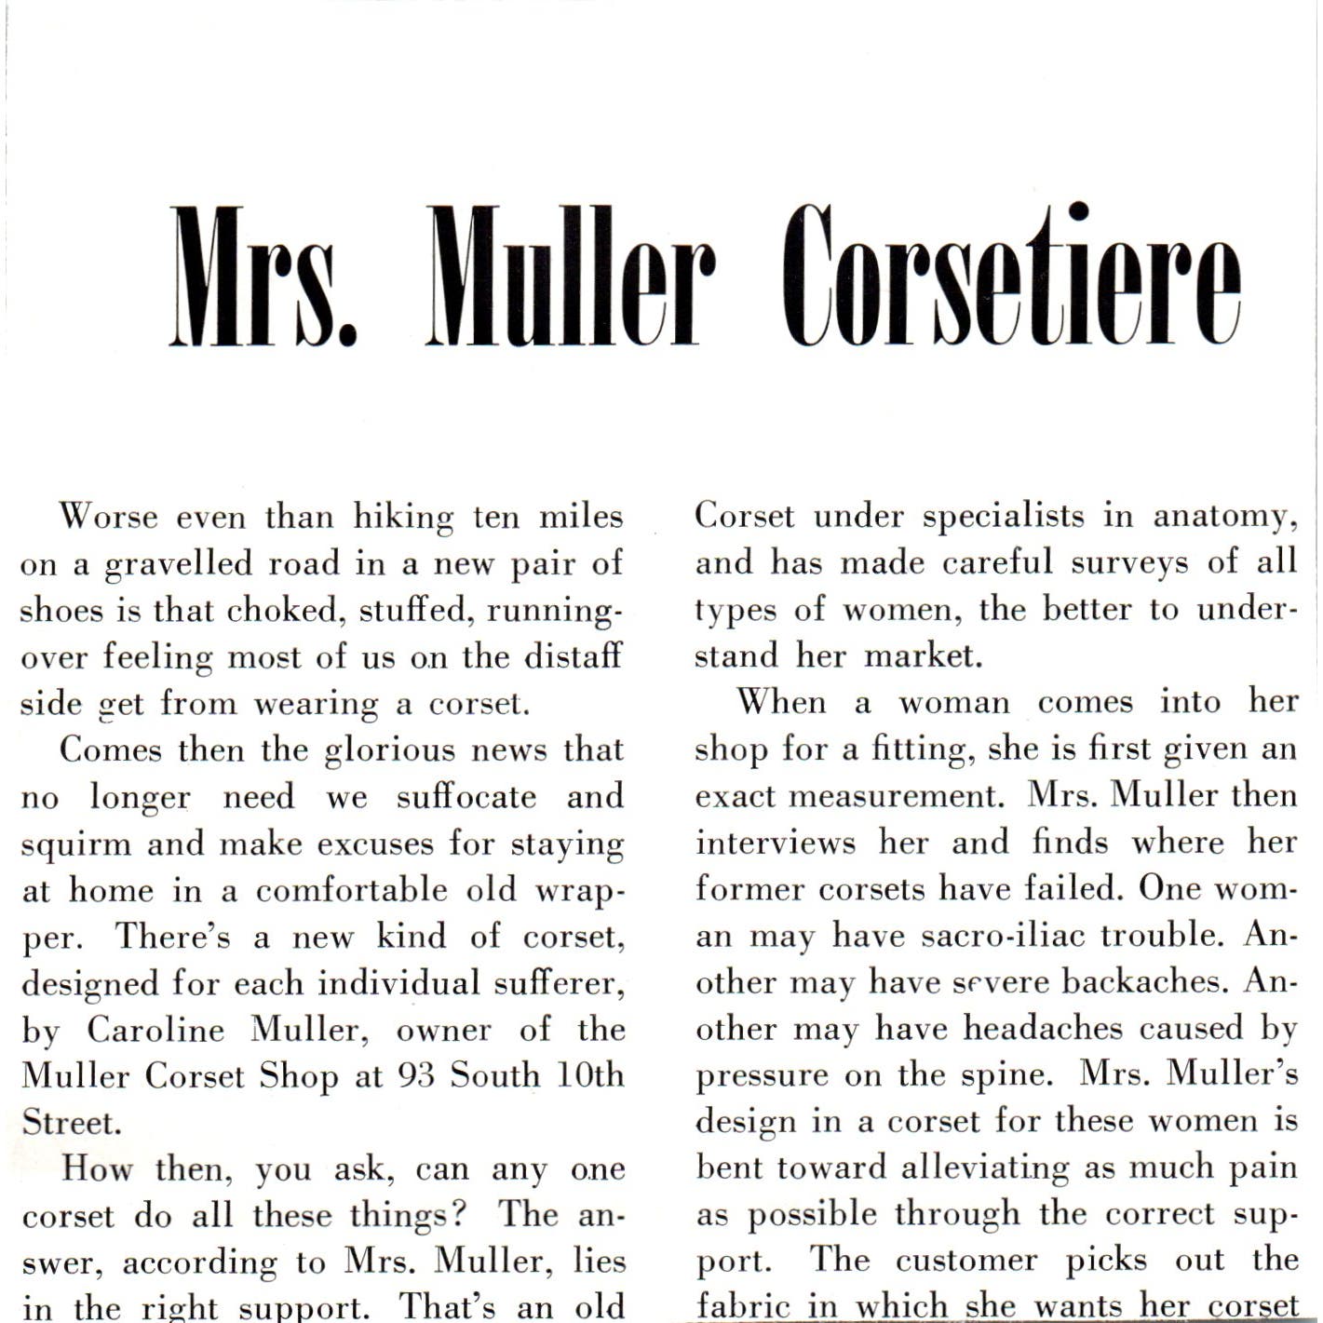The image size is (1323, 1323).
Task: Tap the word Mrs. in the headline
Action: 263,277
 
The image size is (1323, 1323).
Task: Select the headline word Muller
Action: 571,277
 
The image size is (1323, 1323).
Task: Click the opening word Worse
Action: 109,517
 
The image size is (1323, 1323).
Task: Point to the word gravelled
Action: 178,564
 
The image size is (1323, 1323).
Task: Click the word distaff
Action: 573,656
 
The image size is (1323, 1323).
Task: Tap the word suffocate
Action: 466,797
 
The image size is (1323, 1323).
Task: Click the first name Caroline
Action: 155,1030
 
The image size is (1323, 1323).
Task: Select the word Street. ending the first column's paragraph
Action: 72,1123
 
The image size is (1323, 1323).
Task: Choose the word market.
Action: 924,656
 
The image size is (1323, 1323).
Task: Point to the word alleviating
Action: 985,1168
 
